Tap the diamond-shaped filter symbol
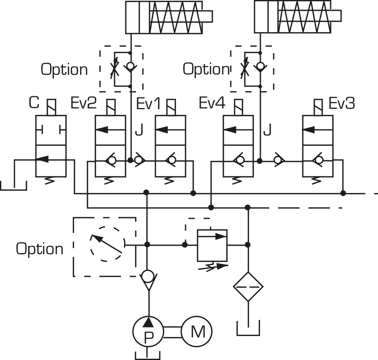(x=248, y=287)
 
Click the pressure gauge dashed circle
(x=105, y=244)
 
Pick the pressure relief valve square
(x=212, y=245)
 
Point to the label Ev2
(x=84, y=104)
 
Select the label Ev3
(x=342, y=104)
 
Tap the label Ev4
(x=212, y=104)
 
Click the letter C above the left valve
(x=34, y=103)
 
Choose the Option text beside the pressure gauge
(x=39, y=249)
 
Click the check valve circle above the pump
(x=148, y=276)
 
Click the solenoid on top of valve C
(x=51, y=107)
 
